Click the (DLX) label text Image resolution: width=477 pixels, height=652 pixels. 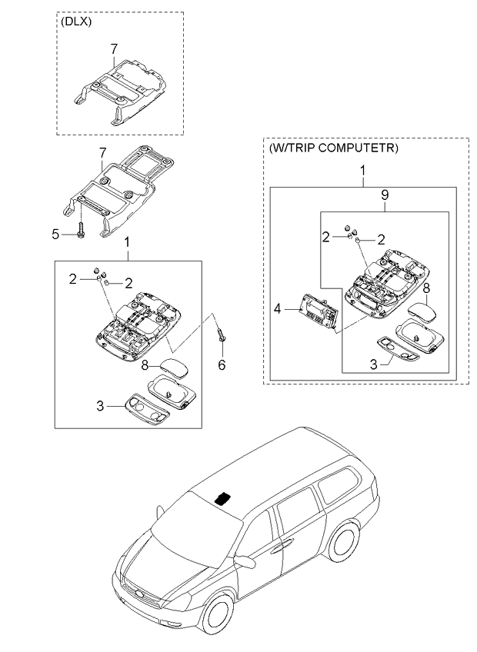point(76,22)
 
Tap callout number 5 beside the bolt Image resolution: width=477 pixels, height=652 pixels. point(55,234)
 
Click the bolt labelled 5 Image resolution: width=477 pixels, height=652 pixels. point(80,230)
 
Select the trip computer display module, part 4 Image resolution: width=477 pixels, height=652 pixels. point(317,311)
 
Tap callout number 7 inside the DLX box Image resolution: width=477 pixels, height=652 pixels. point(113,49)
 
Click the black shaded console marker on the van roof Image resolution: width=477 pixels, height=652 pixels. point(223,497)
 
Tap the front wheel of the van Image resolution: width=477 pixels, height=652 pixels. point(218,615)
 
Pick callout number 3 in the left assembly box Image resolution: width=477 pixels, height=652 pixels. point(100,405)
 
